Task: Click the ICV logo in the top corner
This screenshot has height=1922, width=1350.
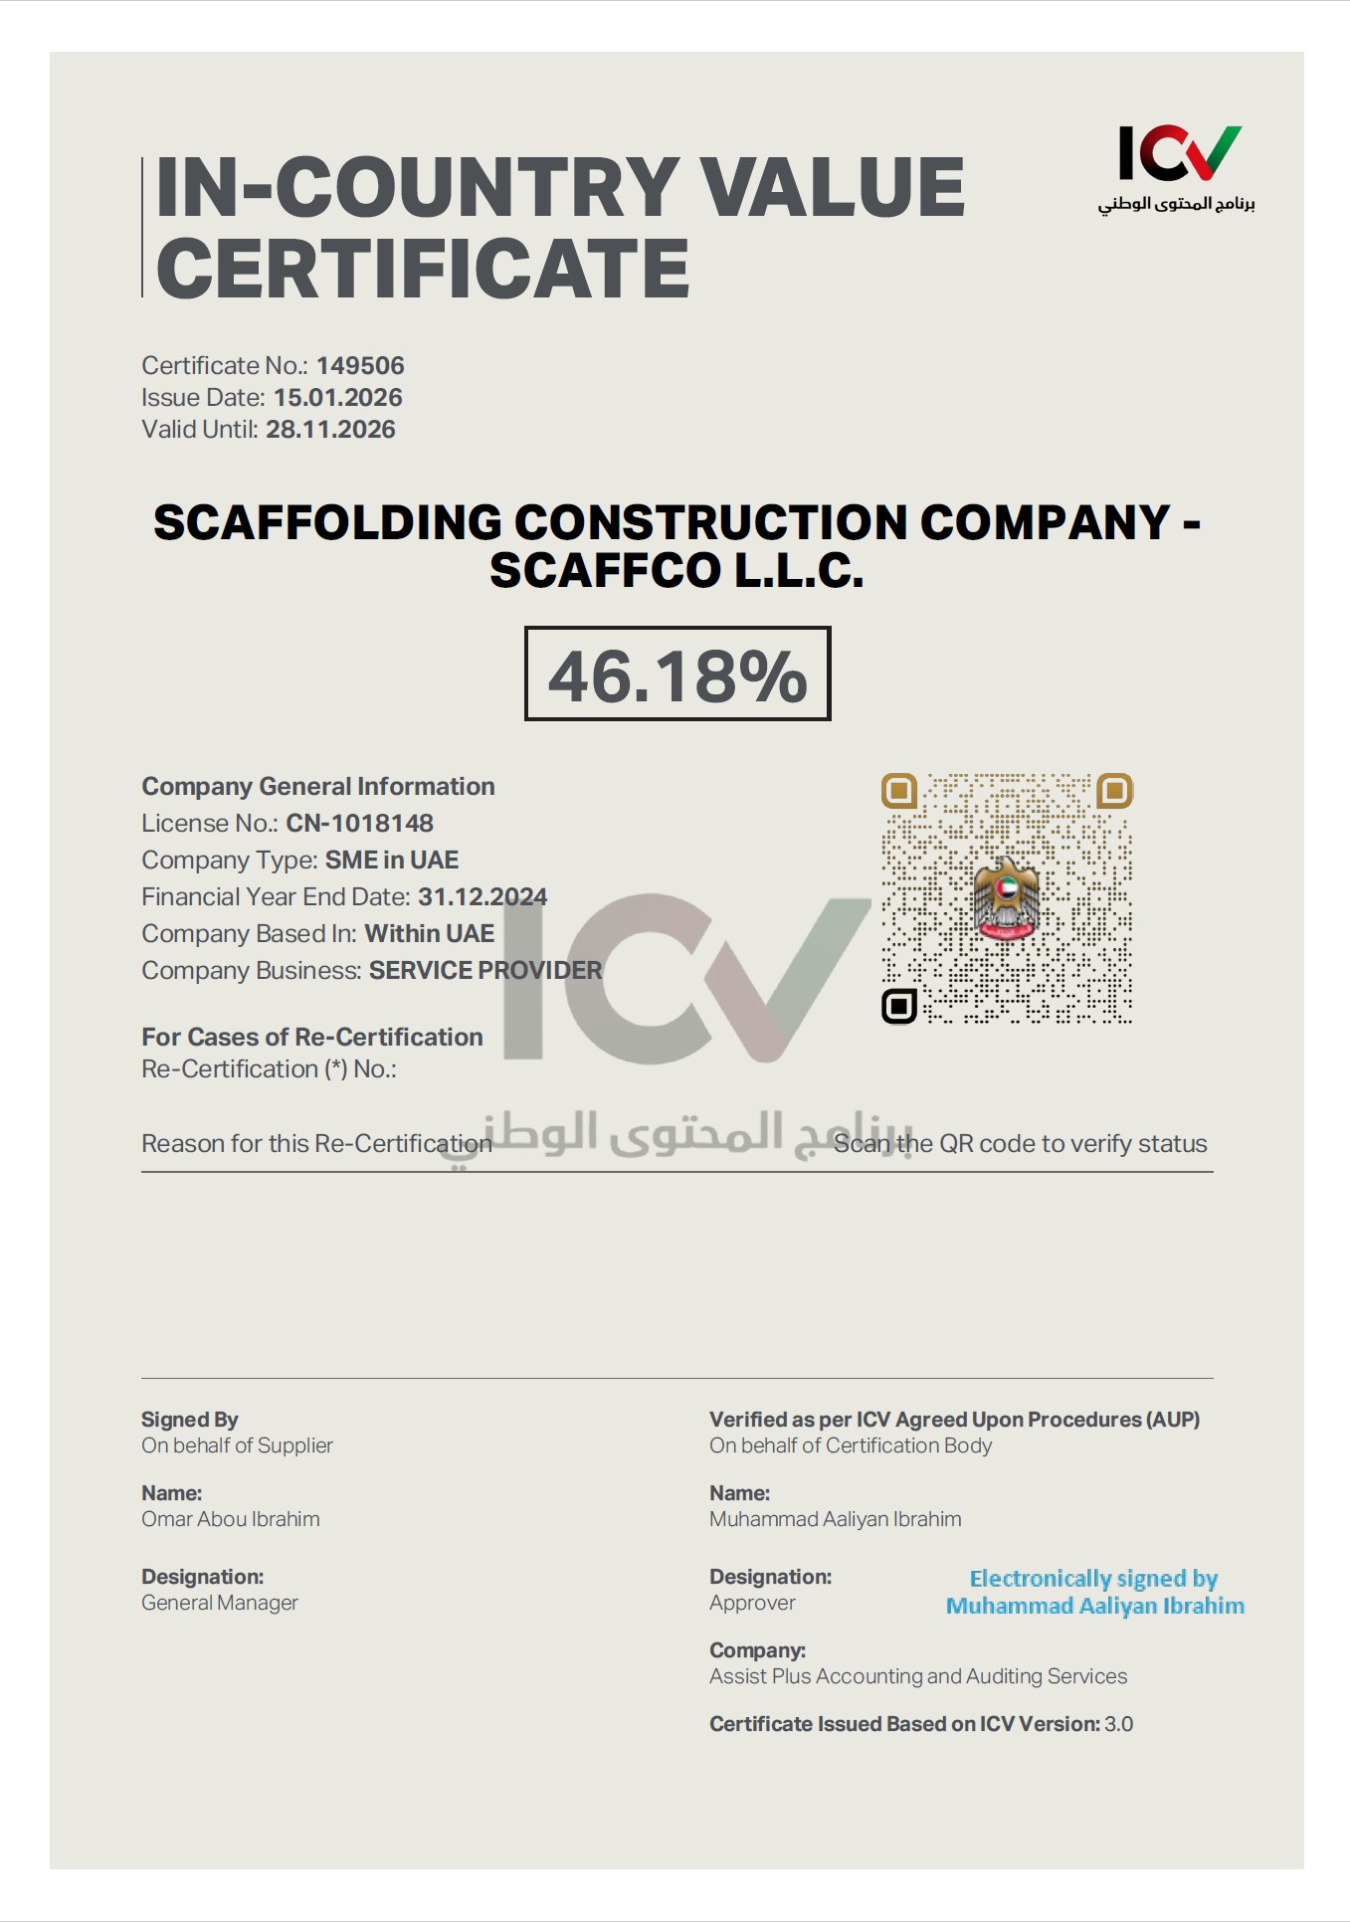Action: (x=1178, y=165)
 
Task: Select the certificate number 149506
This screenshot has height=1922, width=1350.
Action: (x=360, y=366)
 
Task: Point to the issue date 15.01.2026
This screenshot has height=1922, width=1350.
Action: (x=337, y=398)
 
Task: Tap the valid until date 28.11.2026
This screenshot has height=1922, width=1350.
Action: (x=330, y=430)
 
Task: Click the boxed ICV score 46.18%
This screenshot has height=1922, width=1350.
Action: (x=677, y=674)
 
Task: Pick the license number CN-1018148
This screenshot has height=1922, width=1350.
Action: (x=359, y=824)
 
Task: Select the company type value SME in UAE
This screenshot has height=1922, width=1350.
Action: (x=392, y=861)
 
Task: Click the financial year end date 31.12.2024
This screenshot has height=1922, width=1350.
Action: (x=482, y=897)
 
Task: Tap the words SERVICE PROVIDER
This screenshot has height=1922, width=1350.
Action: (x=485, y=971)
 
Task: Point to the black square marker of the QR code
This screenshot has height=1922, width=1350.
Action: (x=899, y=1006)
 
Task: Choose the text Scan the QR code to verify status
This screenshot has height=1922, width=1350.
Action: (x=1020, y=1144)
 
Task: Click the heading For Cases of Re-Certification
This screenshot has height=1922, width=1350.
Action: (x=312, y=1038)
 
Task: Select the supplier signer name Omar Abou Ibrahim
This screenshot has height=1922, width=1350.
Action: (x=231, y=1519)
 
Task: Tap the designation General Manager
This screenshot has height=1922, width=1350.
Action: (x=220, y=1603)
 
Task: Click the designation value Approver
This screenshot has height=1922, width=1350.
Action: (x=752, y=1603)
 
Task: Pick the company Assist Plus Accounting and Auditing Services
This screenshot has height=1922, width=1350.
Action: (x=918, y=1676)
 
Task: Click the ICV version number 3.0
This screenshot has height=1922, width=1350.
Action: (x=1118, y=1724)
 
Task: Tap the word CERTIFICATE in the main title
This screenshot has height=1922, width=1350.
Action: (x=423, y=269)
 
